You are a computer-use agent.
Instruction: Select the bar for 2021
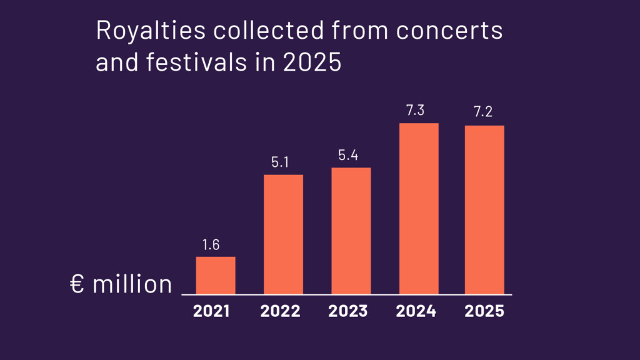pos(216,275)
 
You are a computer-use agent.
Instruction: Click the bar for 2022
pos(283,234)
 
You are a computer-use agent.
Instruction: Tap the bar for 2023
pos(351,231)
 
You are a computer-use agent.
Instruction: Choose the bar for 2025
pos(484,209)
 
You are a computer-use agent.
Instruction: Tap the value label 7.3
pos(416,111)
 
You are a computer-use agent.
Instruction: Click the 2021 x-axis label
pos(211,311)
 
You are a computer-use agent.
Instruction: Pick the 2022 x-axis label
pos(281,311)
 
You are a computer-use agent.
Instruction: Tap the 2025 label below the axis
pos(484,311)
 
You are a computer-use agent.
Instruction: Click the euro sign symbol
pos(77,284)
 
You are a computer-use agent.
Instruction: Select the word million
pos(132,284)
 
